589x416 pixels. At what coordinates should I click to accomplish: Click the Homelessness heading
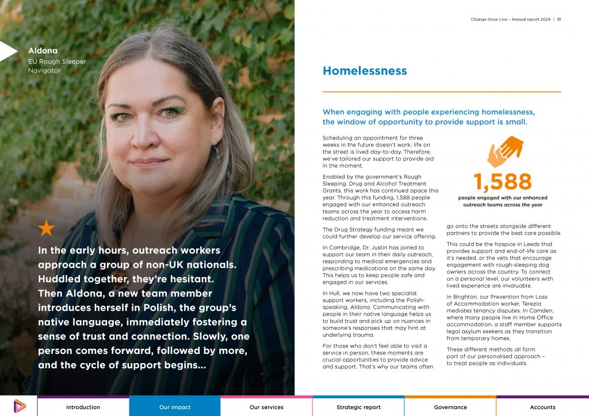[x=365, y=71]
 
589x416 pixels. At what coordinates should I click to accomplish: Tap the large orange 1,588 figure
[x=503, y=182]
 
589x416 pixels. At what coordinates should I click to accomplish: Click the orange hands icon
[x=504, y=151]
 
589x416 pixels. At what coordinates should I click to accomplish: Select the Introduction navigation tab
[x=83, y=407]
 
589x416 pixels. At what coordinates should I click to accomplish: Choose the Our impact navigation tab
[x=175, y=407]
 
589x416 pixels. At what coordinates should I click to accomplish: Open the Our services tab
[x=266, y=407]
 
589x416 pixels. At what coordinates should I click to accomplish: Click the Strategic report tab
[x=358, y=407]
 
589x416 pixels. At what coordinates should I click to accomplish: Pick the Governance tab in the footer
[x=450, y=407]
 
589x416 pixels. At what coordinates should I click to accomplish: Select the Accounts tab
[x=542, y=407]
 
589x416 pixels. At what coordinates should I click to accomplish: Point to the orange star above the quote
[x=46, y=228]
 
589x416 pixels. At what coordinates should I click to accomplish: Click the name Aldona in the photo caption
[x=43, y=51]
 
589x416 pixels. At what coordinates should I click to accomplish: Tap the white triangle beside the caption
[x=8, y=51]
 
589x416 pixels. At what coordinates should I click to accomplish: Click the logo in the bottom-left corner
[x=18, y=406]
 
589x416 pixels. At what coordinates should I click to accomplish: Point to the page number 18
[x=559, y=20]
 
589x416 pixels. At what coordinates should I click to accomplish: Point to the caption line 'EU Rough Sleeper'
[x=57, y=61]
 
